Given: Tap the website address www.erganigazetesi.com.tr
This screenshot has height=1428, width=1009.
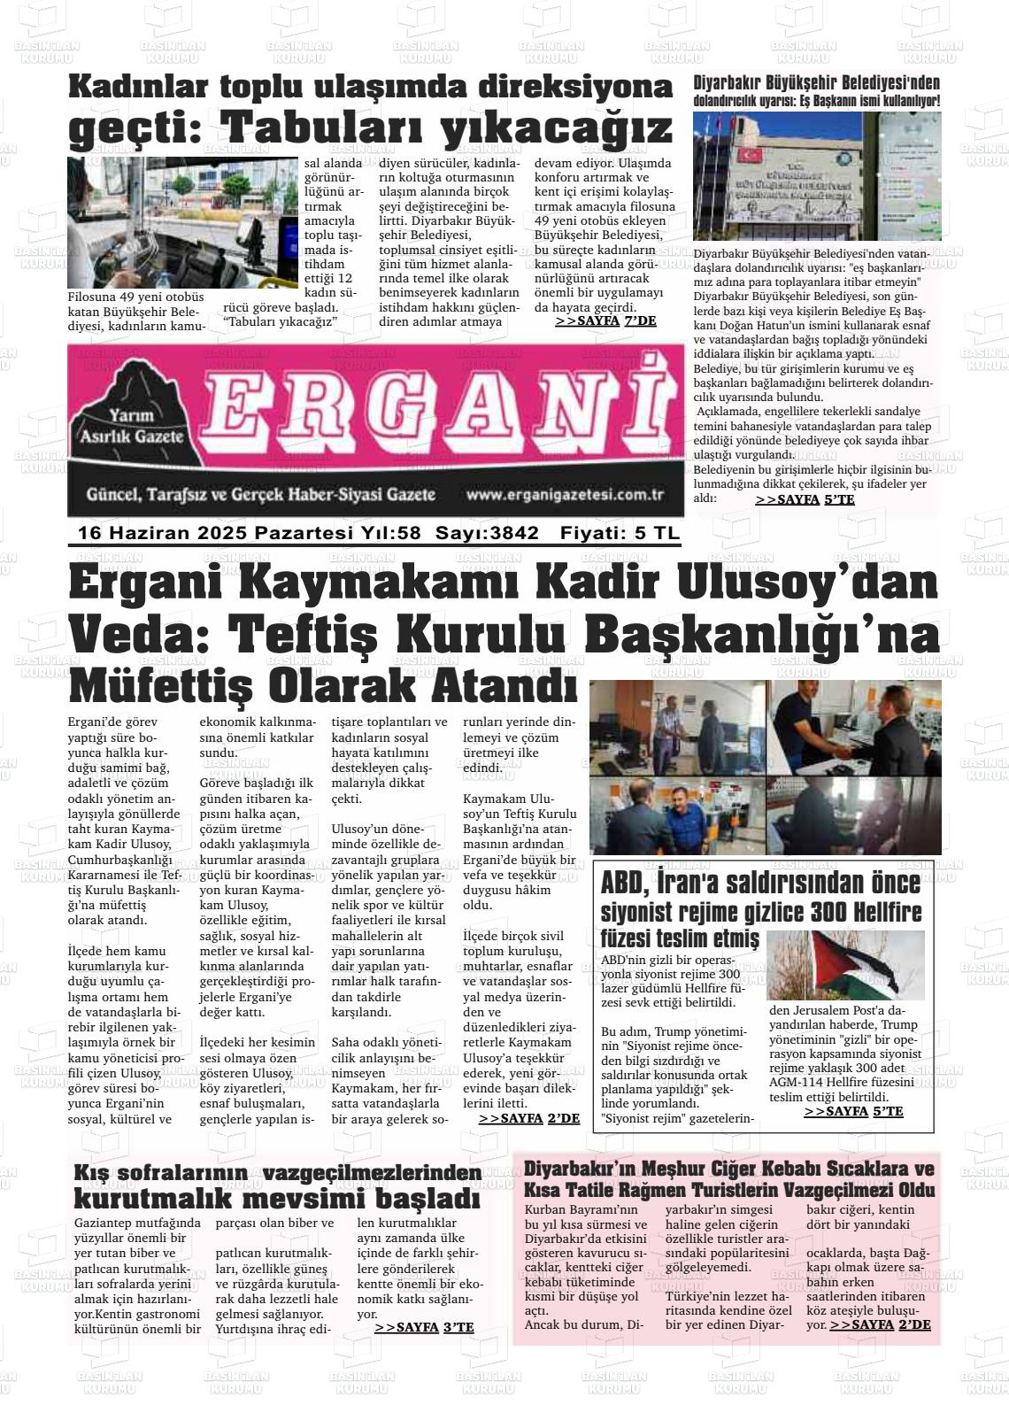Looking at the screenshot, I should point(565,496).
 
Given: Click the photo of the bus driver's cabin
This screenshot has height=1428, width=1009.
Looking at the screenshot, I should point(182,222).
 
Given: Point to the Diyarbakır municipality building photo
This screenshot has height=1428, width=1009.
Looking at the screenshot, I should point(816,176).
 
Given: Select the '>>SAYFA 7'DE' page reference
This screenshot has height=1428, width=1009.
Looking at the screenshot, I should point(605,321).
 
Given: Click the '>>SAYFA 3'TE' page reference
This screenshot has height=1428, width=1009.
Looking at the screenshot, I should point(424,1327).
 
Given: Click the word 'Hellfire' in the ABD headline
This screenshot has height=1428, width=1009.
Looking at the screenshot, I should point(871,912).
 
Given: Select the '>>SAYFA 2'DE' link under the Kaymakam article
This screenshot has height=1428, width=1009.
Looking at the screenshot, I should point(528,1119).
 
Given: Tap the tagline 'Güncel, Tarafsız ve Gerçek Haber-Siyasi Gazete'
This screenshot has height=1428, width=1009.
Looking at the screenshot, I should point(261,495).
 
